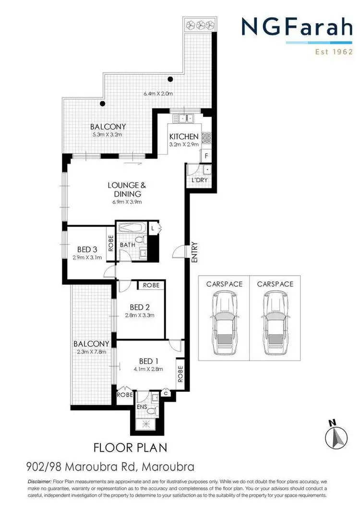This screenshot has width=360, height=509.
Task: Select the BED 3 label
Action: point(88,249)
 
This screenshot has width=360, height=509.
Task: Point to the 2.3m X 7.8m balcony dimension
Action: point(92,352)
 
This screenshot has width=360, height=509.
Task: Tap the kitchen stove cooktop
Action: point(206,138)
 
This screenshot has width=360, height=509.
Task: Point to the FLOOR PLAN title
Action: point(131,448)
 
